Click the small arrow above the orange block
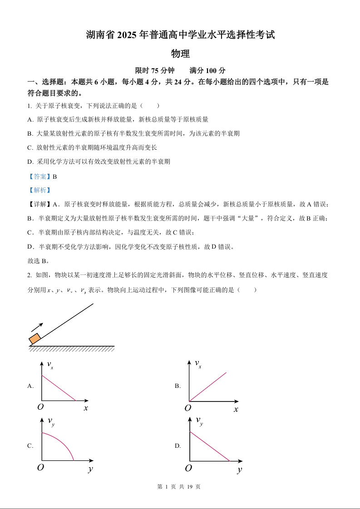tap(37, 327)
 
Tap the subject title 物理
tap(180, 54)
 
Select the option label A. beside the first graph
tap(31, 386)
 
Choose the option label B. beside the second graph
tap(178, 386)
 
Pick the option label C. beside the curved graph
tap(30, 446)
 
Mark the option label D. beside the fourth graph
tap(178, 446)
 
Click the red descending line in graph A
tap(59, 388)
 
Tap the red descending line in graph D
tap(210, 446)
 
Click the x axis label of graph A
tap(86, 408)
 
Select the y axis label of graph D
tap(239, 470)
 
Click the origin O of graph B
tap(187, 408)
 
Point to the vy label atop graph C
tap(51, 421)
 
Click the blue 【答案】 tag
tap(39, 176)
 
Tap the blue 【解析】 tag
tap(39, 191)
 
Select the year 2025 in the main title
tap(129, 35)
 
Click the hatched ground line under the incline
tap(72, 348)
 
